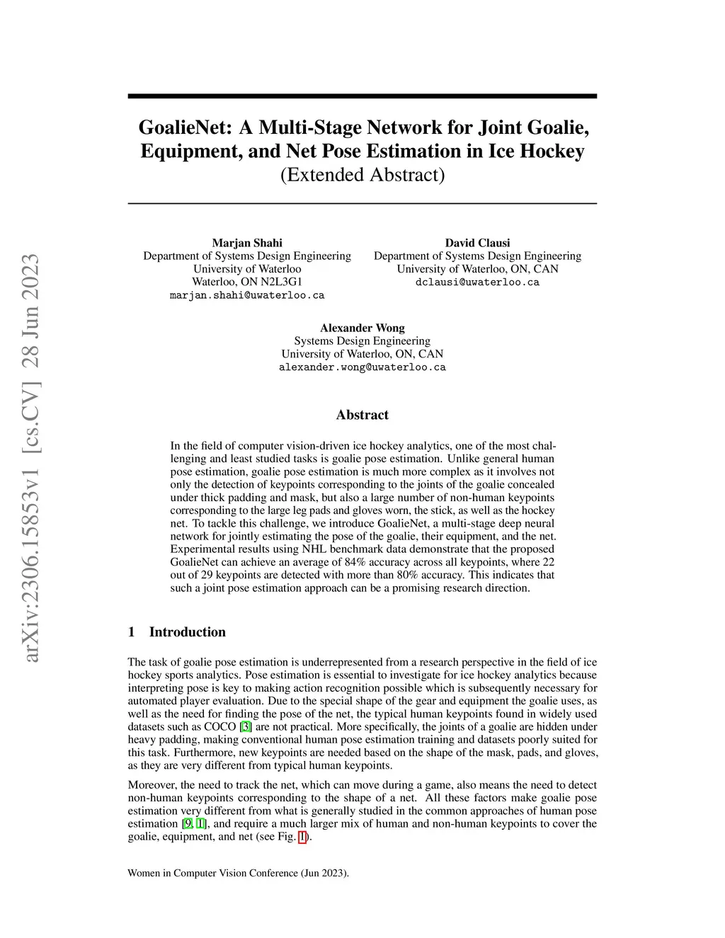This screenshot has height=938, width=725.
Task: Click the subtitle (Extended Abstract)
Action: pos(362,174)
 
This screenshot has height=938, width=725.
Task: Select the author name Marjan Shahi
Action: pos(247,243)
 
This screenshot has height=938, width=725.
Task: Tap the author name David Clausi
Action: pos(477,243)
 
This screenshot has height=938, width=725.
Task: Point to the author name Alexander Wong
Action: pos(362,328)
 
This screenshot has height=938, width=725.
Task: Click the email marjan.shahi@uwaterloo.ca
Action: pos(247,295)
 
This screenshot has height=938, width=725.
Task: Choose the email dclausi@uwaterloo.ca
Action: pos(477,282)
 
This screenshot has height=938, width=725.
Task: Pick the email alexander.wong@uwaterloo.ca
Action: pos(362,367)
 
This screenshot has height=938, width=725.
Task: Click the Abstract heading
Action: pos(362,415)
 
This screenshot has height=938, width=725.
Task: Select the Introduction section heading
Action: pos(187,632)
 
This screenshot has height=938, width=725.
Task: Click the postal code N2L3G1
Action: pos(280,282)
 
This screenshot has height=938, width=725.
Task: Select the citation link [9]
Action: pos(187,823)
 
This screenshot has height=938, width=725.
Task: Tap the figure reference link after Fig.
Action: pos(303,837)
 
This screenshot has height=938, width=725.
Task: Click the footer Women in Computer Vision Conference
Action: pos(238,873)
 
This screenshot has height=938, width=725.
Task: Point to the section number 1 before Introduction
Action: pos(132,632)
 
